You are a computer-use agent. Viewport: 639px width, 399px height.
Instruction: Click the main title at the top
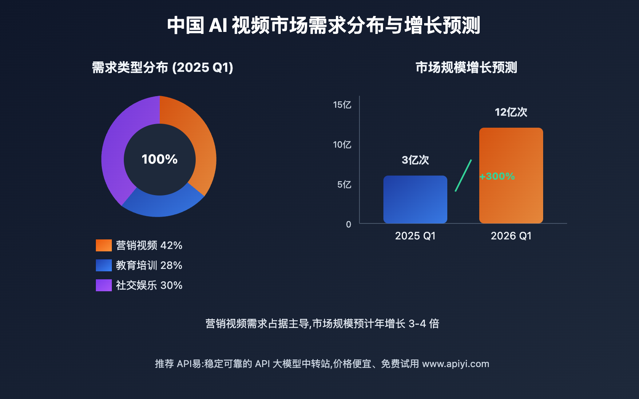tap(323, 26)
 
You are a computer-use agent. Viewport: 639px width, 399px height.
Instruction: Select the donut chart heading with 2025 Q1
tap(163, 67)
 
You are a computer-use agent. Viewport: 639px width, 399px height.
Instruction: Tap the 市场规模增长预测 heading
tap(466, 67)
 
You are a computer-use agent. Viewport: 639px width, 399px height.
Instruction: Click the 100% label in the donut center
tap(159, 159)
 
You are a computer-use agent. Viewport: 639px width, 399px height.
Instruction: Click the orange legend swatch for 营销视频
tap(104, 245)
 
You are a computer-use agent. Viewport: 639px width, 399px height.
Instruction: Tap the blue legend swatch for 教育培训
tap(104, 265)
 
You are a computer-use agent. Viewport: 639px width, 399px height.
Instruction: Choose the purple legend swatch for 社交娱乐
tap(104, 285)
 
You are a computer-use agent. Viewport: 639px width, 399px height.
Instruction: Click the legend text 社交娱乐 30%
tap(149, 285)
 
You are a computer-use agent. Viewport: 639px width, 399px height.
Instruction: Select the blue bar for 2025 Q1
tap(415, 199)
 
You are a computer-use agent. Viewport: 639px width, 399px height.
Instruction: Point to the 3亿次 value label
tap(415, 160)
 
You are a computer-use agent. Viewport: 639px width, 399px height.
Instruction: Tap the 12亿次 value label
tap(511, 112)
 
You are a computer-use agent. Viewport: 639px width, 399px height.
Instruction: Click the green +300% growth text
tap(497, 176)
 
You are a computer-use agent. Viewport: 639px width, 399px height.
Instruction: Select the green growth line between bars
tap(463, 176)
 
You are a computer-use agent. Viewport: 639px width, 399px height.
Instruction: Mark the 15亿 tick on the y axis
tap(342, 105)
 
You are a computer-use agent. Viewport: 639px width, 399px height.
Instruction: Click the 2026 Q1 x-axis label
tap(511, 236)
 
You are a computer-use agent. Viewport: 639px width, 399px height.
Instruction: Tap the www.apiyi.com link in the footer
tap(456, 364)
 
